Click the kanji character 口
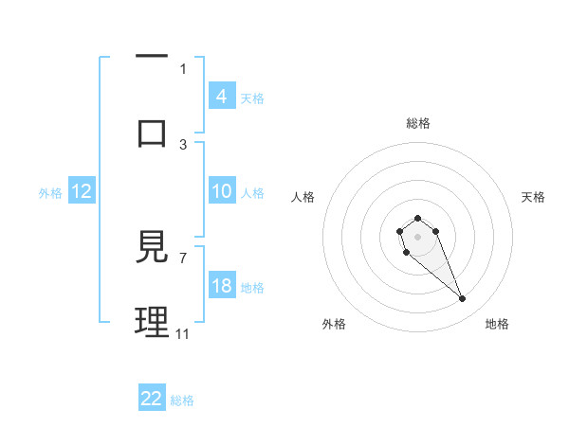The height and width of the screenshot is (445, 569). coord(152,132)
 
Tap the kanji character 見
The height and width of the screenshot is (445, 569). coord(152,249)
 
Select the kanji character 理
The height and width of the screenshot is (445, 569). coord(152,323)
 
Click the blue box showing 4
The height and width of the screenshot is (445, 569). coord(222,96)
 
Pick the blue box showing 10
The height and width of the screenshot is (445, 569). coord(222,190)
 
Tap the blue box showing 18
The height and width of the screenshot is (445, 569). coord(222,286)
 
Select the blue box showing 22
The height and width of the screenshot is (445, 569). coord(152,399)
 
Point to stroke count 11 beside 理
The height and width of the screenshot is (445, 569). coord(183,333)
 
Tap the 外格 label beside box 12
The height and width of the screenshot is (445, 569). coord(50,193)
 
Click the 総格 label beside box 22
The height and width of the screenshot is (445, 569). coord(182,400)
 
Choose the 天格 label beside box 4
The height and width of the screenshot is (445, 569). coord(252,98)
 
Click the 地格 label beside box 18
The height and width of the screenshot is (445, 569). coord(252,288)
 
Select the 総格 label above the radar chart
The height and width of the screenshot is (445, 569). coord(418,123)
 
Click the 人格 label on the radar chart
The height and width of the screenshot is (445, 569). coord(303,197)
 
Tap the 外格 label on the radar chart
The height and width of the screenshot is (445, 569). coord(334,324)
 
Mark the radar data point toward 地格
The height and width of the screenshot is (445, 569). coord(463,299)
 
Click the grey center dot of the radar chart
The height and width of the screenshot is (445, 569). coord(417,235)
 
